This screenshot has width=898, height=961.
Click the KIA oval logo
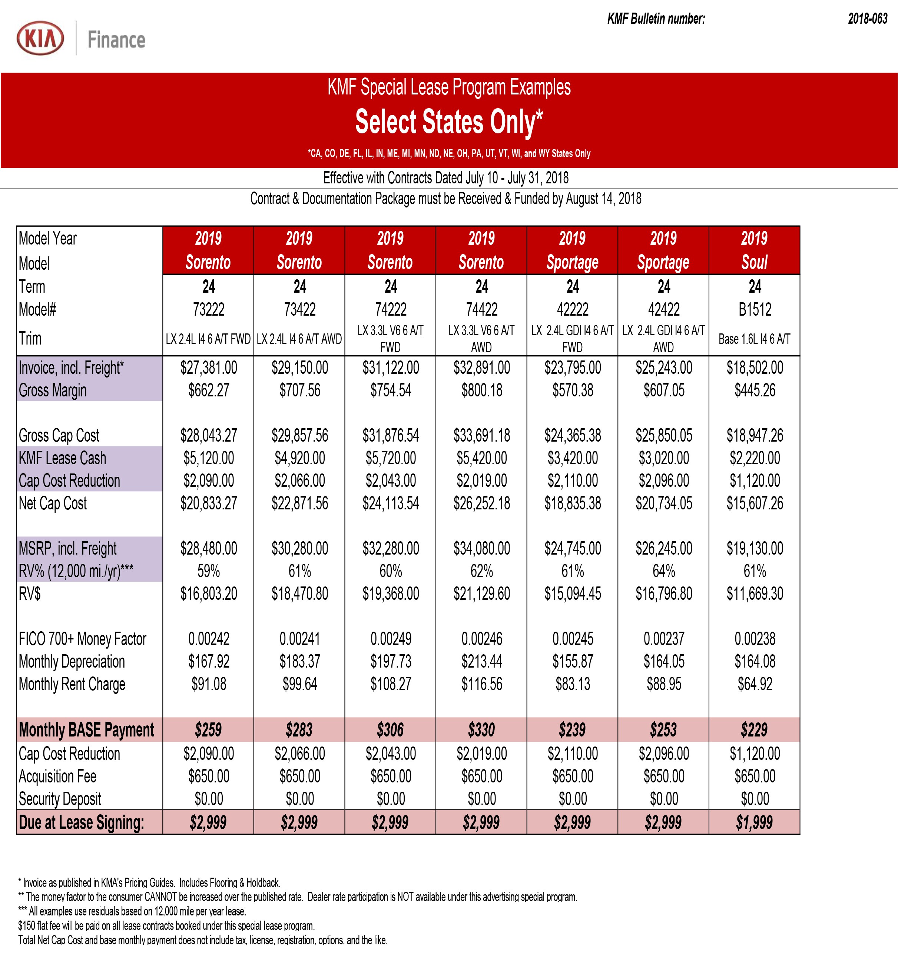pos(40,38)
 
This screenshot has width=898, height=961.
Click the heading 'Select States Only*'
pos(449,122)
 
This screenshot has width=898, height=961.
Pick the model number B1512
pos(754,309)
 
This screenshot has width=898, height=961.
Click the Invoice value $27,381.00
pos(208,368)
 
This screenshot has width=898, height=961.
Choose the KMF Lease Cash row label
pos(62,458)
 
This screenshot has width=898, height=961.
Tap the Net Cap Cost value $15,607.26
pos(754,503)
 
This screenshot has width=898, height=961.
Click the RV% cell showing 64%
pos(663,571)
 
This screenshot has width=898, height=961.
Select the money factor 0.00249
pos(390,639)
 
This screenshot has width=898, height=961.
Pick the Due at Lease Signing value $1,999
pos(754,822)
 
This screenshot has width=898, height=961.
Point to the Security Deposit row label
pos(60,799)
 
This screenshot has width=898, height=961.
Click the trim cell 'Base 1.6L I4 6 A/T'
pos(754,339)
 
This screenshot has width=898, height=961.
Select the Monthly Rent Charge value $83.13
pos(573,684)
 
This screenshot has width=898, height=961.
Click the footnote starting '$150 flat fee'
pos(166,926)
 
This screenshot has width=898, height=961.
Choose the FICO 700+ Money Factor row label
pos(82,639)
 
